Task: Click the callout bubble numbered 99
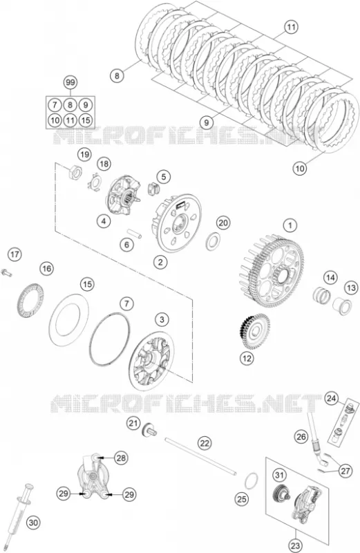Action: pyautogui.click(x=70, y=82)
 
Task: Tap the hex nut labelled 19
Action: pyautogui.click(x=75, y=171)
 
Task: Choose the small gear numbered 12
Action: pyautogui.click(x=253, y=332)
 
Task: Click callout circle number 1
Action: pyautogui.click(x=290, y=225)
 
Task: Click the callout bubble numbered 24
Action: pyautogui.click(x=331, y=398)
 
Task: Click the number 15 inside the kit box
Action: pyautogui.click(x=86, y=120)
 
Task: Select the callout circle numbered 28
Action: pyautogui.click(x=121, y=458)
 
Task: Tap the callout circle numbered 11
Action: pyautogui.click(x=291, y=27)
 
